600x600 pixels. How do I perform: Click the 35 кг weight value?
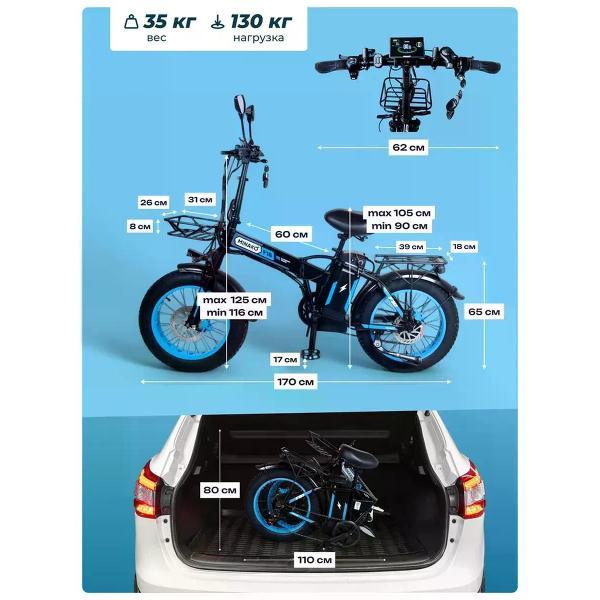point(170,22)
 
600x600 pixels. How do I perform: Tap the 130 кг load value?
point(261,22)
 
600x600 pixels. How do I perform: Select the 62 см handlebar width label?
point(408,147)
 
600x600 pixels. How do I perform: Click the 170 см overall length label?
point(295,382)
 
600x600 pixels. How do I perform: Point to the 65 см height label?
point(484,312)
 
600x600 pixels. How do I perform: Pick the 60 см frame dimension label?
point(291,234)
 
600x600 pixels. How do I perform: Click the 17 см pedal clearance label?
point(285,360)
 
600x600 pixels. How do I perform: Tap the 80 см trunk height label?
point(220,490)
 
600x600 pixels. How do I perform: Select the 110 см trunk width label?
point(315,560)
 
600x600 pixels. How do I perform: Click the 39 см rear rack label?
point(411,247)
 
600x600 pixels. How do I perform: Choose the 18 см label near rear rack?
point(464,247)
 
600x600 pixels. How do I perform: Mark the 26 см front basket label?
point(153,202)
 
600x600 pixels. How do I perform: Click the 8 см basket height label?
point(140,226)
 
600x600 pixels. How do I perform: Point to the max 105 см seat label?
point(399,213)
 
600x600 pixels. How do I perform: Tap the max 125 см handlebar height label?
point(234,300)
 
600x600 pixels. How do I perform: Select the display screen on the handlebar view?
point(407,48)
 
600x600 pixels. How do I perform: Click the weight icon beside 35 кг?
point(131,21)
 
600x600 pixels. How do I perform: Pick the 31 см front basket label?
point(200,199)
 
